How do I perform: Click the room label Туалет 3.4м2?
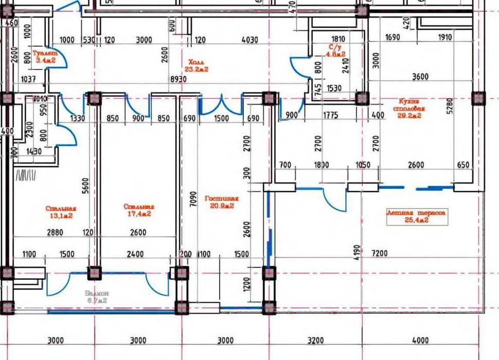click(x=44, y=57)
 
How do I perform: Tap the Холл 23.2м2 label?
click(x=197, y=65)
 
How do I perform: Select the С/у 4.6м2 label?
click(x=337, y=50)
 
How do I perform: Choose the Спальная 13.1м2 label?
click(x=61, y=211)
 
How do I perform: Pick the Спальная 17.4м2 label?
click(x=138, y=210)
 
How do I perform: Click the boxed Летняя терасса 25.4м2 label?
click(x=417, y=216)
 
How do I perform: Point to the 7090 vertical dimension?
click(x=191, y=199)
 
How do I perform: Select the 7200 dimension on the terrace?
click(x=380, y=254)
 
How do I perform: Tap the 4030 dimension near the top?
click(x=249, y=40)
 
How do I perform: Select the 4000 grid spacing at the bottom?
click(x=420, y=340)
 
